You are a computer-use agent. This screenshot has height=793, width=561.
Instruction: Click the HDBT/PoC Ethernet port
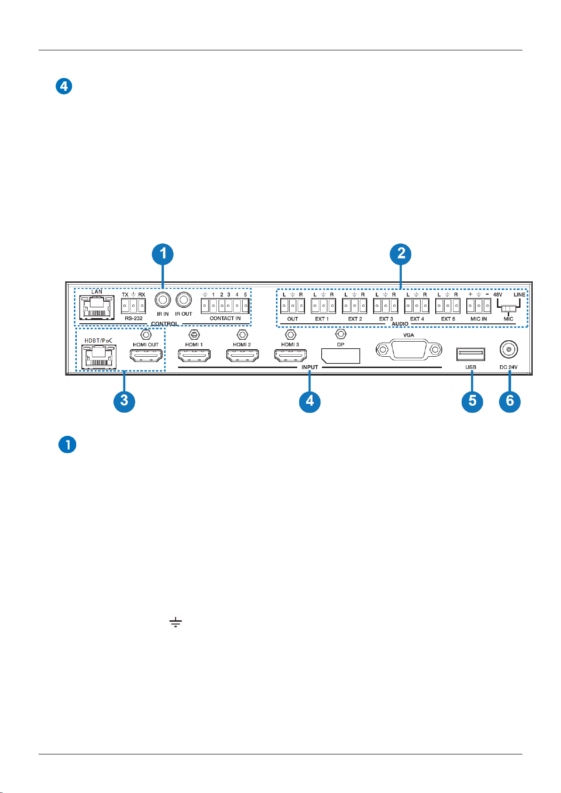click(98, 357)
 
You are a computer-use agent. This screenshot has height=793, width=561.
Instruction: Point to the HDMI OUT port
click(146, 355)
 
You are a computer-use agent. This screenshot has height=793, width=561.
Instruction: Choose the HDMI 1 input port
click(194, 355)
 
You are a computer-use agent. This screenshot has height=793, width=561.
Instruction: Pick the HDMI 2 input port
click(242, 355)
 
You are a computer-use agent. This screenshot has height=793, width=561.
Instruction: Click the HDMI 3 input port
click(291, 355)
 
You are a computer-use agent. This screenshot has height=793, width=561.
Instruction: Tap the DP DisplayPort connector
click(341, 355)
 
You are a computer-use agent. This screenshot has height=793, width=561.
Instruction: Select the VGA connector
click(409, 350)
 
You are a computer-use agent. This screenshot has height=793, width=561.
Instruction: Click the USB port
click(471, 353)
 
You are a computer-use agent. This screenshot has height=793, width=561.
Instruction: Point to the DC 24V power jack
click(509, 350)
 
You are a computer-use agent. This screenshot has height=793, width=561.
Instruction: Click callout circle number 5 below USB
click(472, 401)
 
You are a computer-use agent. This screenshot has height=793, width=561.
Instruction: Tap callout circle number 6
click(510, 401)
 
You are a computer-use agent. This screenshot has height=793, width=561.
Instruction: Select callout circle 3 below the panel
click(124, 401)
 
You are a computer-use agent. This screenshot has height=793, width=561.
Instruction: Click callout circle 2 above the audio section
click(401, 254)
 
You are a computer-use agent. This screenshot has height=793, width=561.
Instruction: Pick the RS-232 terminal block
click(133, 306)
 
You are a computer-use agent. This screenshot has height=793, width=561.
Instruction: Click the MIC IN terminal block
click(479, 306)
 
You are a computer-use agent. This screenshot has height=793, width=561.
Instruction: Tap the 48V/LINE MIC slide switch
click(509, 308)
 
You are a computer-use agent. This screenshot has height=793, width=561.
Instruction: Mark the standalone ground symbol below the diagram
click(176, 623)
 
